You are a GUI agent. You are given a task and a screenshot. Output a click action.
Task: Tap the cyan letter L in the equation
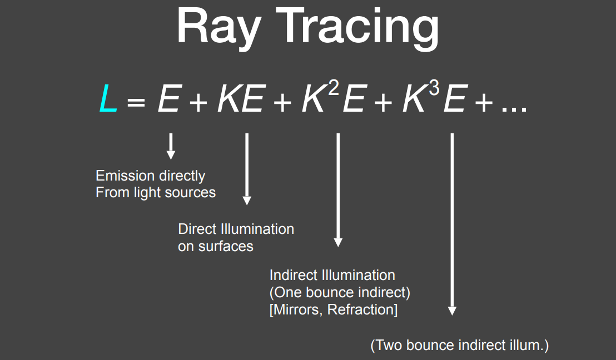point(108,98)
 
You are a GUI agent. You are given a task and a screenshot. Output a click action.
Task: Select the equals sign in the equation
point(136,103)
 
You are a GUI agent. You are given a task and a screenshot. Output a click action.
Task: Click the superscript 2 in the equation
point(333,88)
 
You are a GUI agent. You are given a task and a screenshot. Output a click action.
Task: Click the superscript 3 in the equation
point(434,88)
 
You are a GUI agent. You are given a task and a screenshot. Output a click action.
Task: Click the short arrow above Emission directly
point(171,147)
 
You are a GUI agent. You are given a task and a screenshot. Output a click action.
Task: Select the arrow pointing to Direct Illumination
point(247,169)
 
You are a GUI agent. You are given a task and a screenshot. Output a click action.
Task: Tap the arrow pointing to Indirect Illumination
point(338,190)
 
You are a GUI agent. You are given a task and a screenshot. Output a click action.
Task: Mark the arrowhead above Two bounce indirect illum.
point(452,311)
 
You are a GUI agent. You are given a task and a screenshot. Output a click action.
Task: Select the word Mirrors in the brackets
point(298,310)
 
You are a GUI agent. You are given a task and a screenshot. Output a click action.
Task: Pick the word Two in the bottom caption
point(389,345)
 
